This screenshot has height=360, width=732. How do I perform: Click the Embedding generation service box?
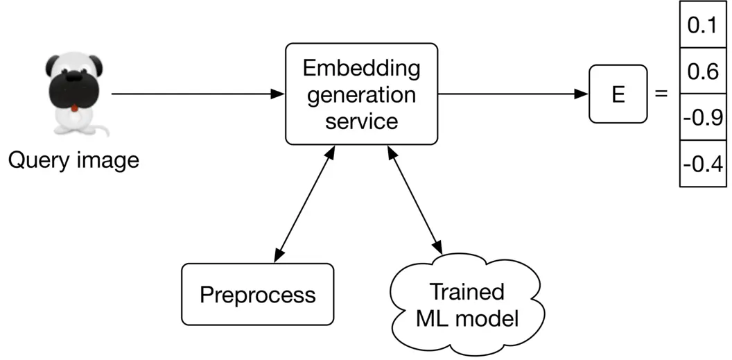point(362,94)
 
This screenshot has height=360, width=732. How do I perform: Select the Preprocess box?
point(257,295)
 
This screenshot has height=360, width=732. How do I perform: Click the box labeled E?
point(618,94)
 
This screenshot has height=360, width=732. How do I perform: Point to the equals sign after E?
point(661,94)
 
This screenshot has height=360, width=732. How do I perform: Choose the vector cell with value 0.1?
point(702,25)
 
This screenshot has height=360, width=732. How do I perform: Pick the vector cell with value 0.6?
point(702,71)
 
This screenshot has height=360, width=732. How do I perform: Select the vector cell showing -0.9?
point(702,117)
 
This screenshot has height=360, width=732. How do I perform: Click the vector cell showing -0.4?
point(702,164)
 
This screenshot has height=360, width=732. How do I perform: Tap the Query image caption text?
point(73,161)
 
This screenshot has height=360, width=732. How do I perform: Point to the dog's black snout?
point(71,90)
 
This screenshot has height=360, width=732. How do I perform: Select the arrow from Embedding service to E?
point(513,94)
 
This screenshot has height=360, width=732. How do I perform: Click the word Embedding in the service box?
point(362,69)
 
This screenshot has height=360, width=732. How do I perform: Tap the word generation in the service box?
point(362,94)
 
